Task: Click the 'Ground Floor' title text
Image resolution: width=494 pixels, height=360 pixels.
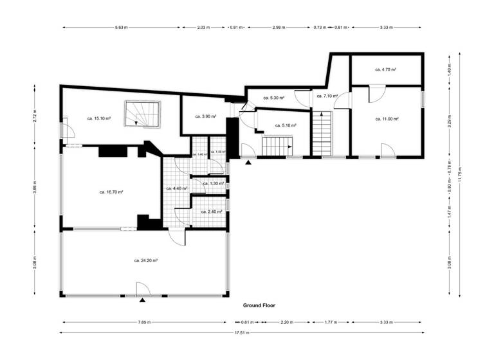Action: click(259, 305)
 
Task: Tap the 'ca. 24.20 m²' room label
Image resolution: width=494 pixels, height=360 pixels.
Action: click(146, 260)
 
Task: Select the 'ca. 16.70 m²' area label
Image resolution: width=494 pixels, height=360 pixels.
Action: click(111, 192)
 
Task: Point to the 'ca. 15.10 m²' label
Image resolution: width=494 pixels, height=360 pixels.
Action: click(99, 118)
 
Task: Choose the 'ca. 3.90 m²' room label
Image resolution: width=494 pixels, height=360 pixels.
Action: click(205, 116)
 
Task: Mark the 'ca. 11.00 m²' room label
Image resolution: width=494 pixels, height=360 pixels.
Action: click(387, 119)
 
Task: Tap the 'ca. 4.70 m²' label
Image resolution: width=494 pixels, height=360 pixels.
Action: click(385, 69)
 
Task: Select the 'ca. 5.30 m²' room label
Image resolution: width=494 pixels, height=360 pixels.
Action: click(274, 98)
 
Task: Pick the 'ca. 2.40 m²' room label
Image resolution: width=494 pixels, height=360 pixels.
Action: click(212, 212)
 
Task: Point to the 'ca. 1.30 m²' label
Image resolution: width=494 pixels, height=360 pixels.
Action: click(213, 183)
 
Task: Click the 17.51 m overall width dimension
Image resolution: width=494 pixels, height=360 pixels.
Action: click(242, 333)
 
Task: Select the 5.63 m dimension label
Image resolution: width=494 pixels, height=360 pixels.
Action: click(121, 28)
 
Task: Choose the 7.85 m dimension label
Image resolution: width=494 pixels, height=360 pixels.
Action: click(144, 322)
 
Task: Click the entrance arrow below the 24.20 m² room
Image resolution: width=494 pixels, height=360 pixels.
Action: click(143, 299)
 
